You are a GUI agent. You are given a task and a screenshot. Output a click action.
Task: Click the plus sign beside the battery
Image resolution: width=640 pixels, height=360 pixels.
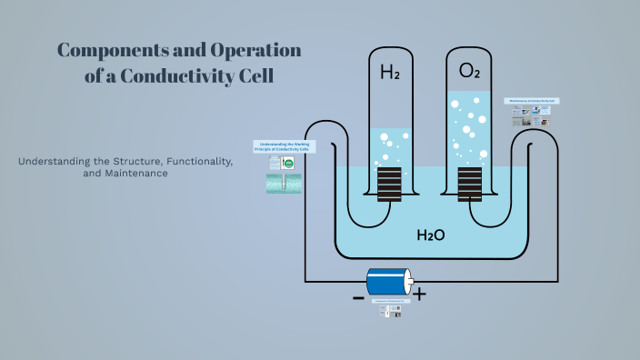(419, 295)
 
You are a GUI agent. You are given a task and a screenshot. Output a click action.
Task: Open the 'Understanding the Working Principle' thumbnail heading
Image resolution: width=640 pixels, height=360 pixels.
(279, 146)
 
